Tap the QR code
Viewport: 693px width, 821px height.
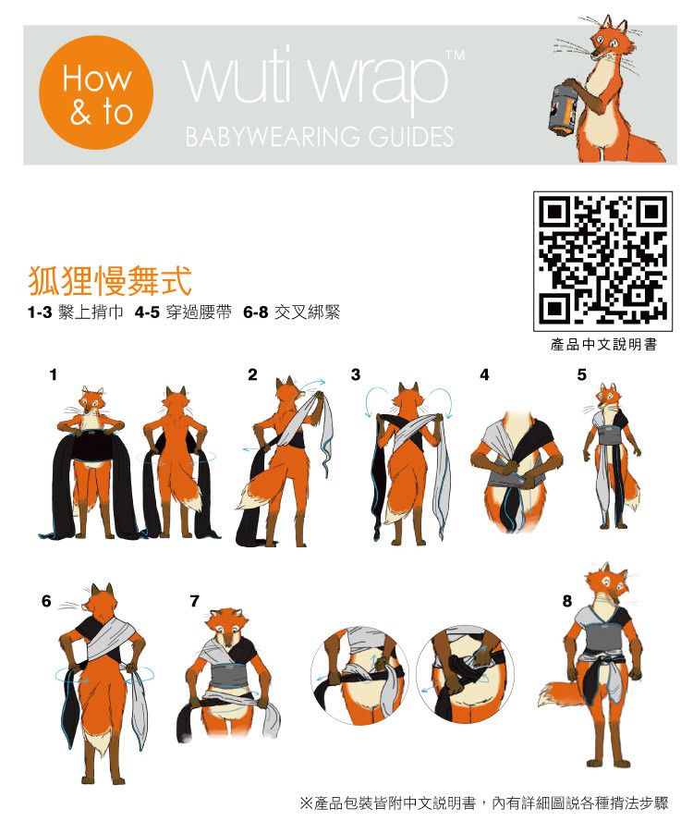602,262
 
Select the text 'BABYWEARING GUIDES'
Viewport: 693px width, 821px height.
319,138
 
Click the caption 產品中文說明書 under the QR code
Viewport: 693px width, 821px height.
603,345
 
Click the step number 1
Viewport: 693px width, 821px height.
55,374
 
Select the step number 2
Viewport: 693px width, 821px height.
252,374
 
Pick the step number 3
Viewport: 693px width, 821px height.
356,374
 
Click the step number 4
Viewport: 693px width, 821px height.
484,374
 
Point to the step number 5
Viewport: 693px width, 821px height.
581,374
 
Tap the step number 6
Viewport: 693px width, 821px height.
46,600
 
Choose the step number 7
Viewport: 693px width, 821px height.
194,600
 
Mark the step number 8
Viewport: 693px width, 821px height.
567,600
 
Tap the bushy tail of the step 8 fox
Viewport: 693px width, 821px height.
559,694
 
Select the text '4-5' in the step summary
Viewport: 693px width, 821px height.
148,312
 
